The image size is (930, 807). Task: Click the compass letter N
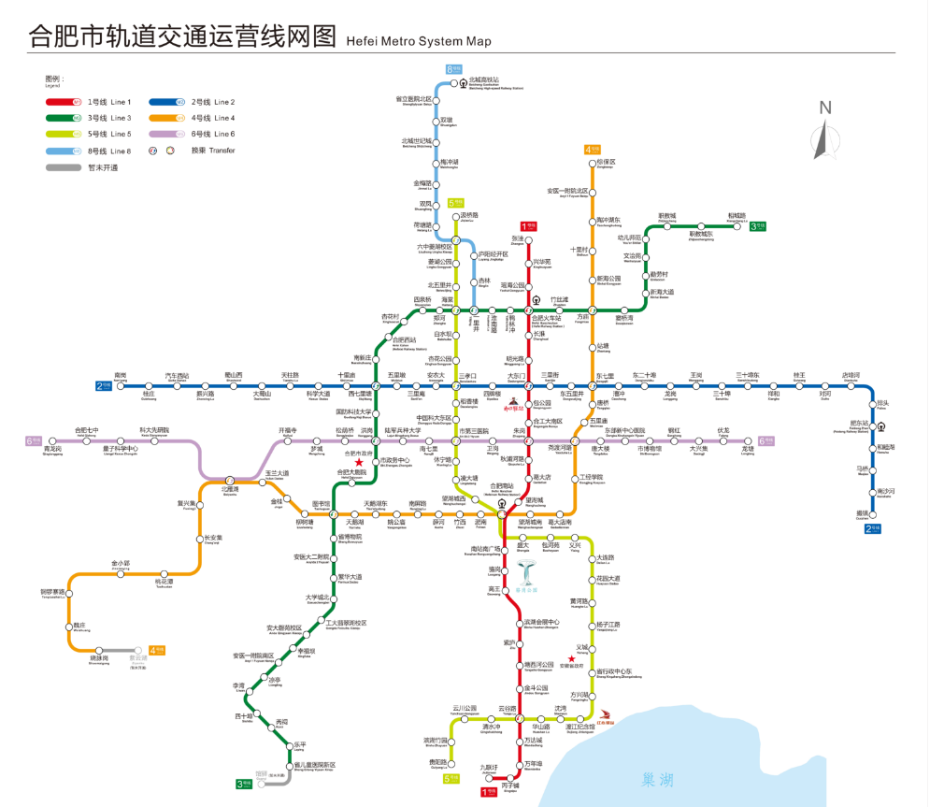pos(825,108)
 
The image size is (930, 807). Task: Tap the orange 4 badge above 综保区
pos(591,149)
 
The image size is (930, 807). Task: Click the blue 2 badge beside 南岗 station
pos(102,384)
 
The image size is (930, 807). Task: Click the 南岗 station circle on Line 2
pos(120,384)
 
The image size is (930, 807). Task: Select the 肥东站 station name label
pos(858,423)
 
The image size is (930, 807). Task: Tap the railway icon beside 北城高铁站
pos(463,82)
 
